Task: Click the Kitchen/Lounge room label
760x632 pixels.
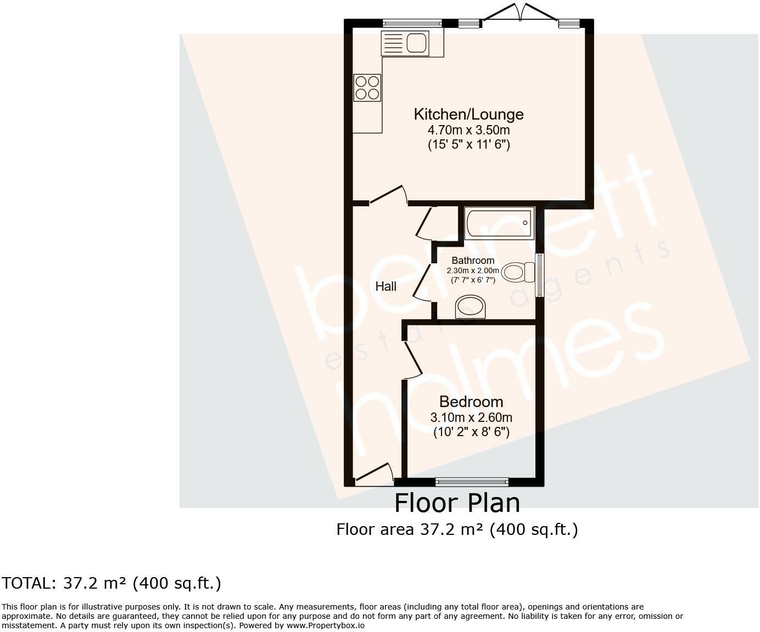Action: click(468, 114)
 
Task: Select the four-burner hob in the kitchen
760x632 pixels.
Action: click(367, 88)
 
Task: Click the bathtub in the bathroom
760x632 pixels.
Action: click(499, 223)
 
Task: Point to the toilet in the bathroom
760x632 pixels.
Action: click(518, 272)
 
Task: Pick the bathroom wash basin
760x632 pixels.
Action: click(471, 307)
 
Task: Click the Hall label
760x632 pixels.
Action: click(385, 286)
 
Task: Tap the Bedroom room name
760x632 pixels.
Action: click(471, 402)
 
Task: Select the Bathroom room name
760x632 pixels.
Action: click(473, 261)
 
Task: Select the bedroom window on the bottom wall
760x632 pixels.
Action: click(472, 482)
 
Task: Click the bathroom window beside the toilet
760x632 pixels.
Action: click(540, 274)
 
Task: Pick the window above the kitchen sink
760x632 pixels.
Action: click(412, 23)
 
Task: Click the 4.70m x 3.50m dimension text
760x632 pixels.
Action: click(468, 130)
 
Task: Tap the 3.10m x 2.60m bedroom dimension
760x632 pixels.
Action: click(471, 417)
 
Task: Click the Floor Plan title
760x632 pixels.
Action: click(457, 503)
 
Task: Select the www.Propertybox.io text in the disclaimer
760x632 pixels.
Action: click(325, 625)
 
